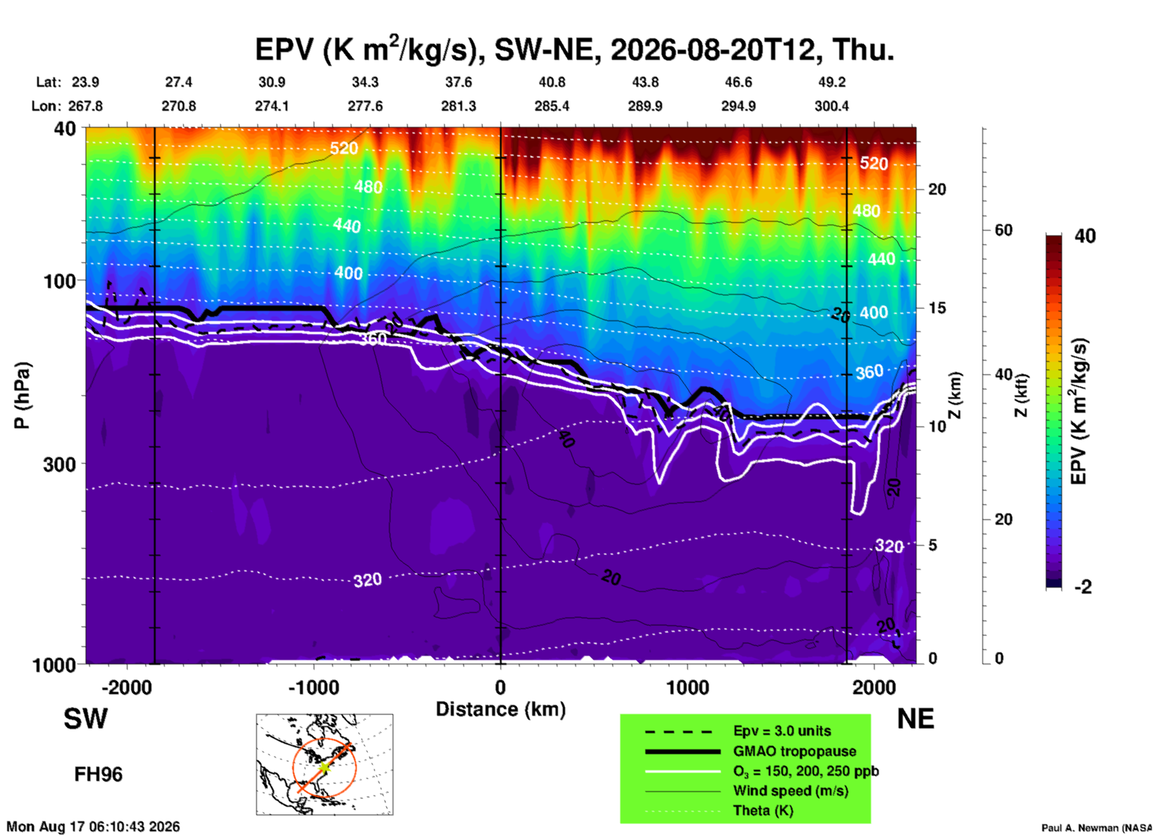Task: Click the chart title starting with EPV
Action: (575, 49)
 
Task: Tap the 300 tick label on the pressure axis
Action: (60, 464)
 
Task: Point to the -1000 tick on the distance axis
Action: (314, 687)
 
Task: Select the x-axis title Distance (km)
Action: (500, 709)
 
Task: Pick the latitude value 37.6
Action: (459, 82)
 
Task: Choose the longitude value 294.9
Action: (738, 106)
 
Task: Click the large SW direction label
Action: (86, 719)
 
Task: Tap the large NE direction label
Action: (915, 719)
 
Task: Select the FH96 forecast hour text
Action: (98, 775)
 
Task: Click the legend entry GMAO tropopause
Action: (794, 751)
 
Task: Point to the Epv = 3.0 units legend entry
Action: (782, 731)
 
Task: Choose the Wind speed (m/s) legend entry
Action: (790, 791)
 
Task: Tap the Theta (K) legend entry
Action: (763, 810)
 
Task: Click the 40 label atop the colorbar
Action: (1085, 236)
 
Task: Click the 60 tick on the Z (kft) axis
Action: (1003, 230)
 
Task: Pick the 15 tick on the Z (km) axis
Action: (937, 308)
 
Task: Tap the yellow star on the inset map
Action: (324, 767)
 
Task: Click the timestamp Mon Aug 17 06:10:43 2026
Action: (93, 827)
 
